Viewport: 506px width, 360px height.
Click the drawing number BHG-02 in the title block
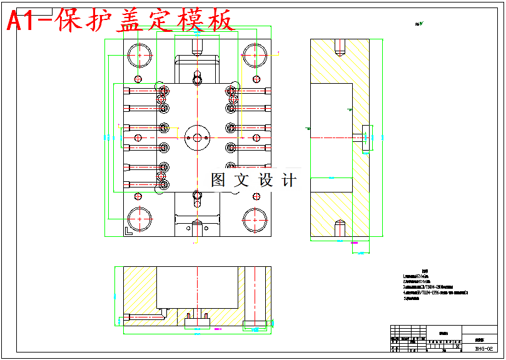(483, 349)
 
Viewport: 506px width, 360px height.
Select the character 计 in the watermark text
(289, 181)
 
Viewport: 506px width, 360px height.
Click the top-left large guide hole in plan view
(139, 56)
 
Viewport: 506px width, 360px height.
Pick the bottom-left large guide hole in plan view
(139, 219)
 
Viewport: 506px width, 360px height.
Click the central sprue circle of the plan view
(197, 137)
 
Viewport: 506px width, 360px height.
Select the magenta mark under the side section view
(355, 241)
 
